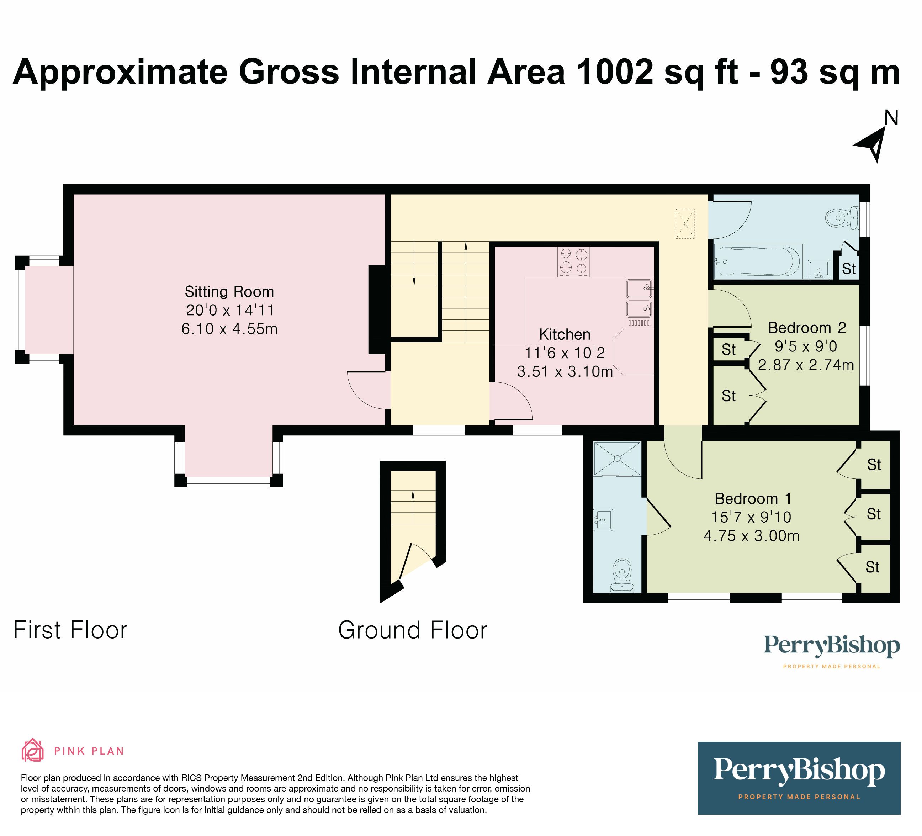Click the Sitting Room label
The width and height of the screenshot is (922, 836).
229,292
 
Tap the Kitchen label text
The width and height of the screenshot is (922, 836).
565,334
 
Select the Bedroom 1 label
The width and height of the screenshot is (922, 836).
753,498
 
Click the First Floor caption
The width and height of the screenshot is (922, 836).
70,630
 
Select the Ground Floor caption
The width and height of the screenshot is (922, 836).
413,630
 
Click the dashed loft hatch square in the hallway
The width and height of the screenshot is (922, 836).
685,224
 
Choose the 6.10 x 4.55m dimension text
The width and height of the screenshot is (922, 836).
229,329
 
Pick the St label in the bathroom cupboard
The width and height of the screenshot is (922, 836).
849,269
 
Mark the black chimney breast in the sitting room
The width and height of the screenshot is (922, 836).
377,309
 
